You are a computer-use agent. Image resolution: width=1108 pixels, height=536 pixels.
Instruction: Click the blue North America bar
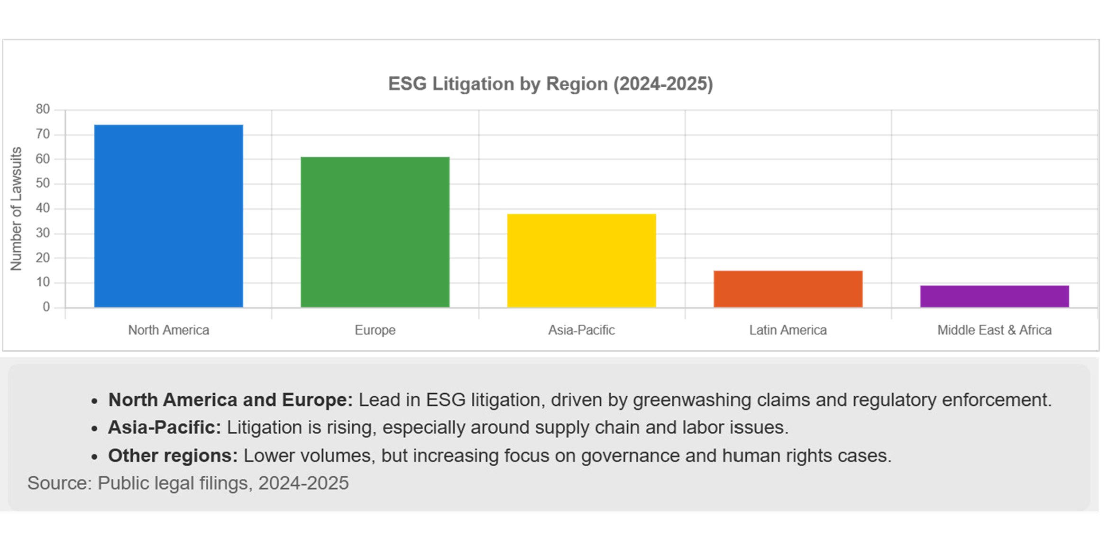(169, 216)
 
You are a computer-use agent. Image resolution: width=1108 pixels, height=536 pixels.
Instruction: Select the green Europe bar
(375, 232)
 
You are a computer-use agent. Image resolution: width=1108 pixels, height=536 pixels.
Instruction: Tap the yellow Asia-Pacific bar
(581, 260)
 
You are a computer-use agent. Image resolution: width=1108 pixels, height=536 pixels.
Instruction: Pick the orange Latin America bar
(788, 288)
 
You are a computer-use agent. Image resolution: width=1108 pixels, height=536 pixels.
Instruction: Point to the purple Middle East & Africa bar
(994, 296)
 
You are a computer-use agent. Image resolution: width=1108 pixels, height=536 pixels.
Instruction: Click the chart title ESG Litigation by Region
(550, 84)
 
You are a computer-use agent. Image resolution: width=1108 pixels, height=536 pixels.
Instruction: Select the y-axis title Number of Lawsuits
(16, 209)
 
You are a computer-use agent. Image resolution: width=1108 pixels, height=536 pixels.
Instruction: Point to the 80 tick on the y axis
(43, 109)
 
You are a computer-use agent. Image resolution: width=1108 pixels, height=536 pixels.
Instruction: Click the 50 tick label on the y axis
(43, 183)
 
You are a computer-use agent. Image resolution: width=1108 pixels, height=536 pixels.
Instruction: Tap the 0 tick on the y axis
(46, 307)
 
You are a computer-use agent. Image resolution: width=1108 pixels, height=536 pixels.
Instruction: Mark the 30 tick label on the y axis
(43, 233)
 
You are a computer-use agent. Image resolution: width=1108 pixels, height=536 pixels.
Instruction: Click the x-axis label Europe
(375, 330)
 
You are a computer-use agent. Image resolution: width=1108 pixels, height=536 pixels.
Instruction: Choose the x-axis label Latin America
(788, 330)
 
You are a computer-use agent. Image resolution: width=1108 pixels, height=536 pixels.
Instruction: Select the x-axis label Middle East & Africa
(994, 330)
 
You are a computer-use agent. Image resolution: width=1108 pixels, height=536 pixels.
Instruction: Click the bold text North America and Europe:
(230, 400)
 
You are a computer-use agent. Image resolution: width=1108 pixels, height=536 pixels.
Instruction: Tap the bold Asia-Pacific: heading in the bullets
(165, 427)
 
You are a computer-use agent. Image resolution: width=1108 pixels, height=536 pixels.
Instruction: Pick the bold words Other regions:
(173, 455)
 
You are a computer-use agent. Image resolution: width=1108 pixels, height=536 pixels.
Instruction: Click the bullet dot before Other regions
(95, 457)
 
